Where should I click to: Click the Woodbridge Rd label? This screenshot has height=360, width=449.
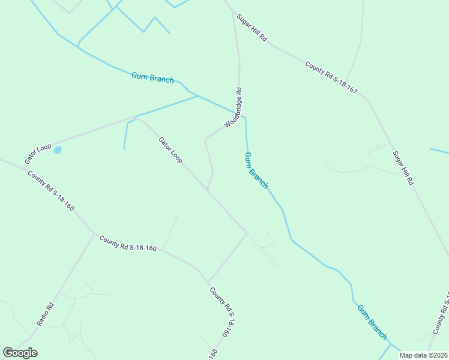pyautogui.click(x=234, y=108)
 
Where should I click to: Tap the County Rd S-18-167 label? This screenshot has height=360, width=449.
pyautogui.click(x=331, y=77)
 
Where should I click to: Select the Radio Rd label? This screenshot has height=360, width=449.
pyautogui.click(x=45, y=314)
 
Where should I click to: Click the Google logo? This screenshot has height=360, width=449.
pyautogui.click(x=20, y=353)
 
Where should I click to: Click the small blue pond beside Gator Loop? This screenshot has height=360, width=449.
pyautogui.click(x=57, y=150)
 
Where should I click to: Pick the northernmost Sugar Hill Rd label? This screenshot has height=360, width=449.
pyautogui.click(x=252, y=28)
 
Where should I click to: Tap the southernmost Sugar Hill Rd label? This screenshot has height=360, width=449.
pyautogui.click(x=403, y=167)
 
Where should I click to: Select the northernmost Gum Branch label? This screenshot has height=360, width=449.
pyautogui.click(x=152, y=77)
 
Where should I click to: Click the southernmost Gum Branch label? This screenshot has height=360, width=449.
pyautogui.click(x=372, y=322)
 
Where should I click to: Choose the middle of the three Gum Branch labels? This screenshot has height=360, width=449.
pyautogui.click(x=256, y=170)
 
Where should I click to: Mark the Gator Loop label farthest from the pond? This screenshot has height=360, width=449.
pyautogui.click(x=170, y=150)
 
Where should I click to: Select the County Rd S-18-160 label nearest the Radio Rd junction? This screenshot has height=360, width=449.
pyautogui.click(x=128, y=243)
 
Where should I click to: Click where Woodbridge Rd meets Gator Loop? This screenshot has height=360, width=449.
pyautogui.click(x=208, y=190)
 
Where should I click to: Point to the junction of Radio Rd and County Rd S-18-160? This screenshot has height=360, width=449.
pyautogui.click(x=94, y=234)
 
